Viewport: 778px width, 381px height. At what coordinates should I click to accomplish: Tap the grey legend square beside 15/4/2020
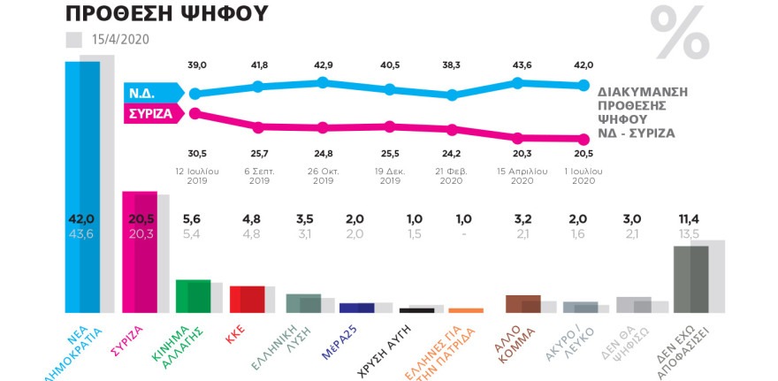point(74,40)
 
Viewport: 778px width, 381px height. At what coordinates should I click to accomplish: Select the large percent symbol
point(679,34)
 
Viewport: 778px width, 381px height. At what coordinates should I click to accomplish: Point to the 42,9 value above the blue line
point(323,66)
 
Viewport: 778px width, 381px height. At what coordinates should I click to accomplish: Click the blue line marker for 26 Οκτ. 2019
point(323,82)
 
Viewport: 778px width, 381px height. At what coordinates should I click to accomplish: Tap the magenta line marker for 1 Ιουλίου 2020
point(583,139)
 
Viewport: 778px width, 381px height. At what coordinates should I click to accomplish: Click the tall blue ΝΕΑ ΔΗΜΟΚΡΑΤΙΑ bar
point(82,186)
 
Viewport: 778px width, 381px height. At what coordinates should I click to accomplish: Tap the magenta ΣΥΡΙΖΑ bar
point(139,251)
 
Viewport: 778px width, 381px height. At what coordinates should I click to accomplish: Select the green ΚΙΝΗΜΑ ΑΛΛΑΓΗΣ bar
point(194,295)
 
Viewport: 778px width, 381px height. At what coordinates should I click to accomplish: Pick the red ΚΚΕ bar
point(247,299)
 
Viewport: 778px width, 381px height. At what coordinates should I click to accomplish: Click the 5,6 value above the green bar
point(193,220)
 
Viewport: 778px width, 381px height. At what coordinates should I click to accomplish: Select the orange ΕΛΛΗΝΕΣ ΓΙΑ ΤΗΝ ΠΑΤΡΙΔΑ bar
point(466,310)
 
